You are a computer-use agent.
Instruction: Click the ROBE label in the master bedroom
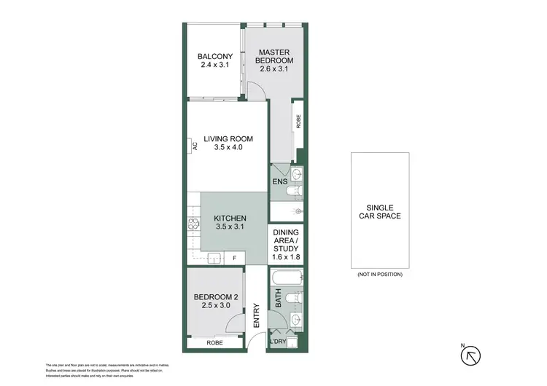[298, 121]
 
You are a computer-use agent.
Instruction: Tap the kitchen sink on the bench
[214, 257]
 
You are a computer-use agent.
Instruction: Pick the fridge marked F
[234, 258]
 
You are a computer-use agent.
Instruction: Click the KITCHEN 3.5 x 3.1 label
[230, 223]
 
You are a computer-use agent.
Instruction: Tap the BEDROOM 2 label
[215, 301]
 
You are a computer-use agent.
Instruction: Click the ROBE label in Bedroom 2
[214, 342]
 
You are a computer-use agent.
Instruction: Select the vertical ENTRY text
[256, 315]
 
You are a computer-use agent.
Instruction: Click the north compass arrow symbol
[472, 355]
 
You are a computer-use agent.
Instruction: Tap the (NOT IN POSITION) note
[379, 274]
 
